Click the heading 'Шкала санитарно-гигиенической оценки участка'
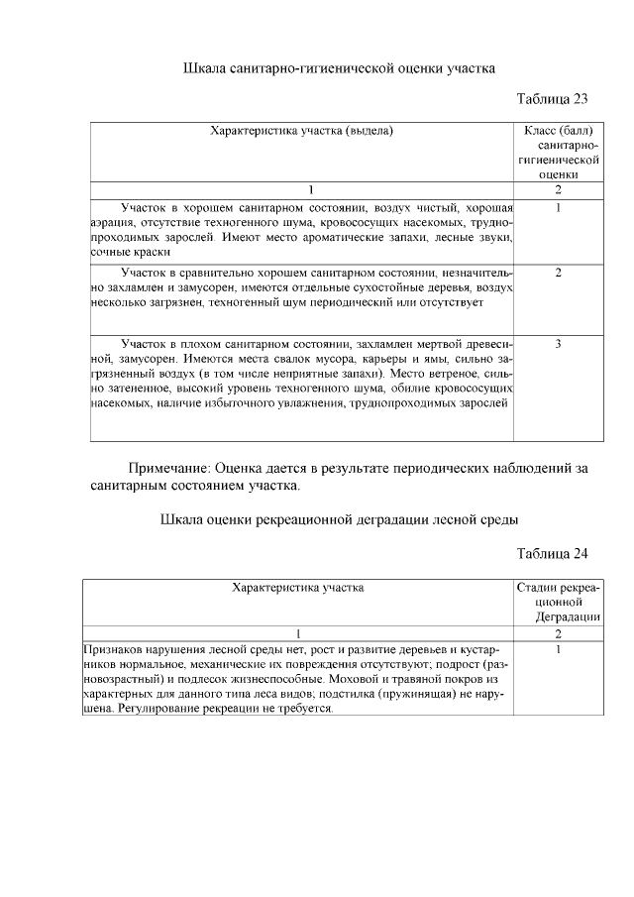click(x=340, y=69)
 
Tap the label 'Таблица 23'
click(x=553, y=99)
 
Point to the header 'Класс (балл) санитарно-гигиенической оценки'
click(x=558, y=152)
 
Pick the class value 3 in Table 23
click(x=559, y=344)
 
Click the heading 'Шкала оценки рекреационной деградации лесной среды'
click(x=340, y=520)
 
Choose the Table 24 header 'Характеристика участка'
click(x=297, y=588)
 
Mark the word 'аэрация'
click(x=111, y=223)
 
